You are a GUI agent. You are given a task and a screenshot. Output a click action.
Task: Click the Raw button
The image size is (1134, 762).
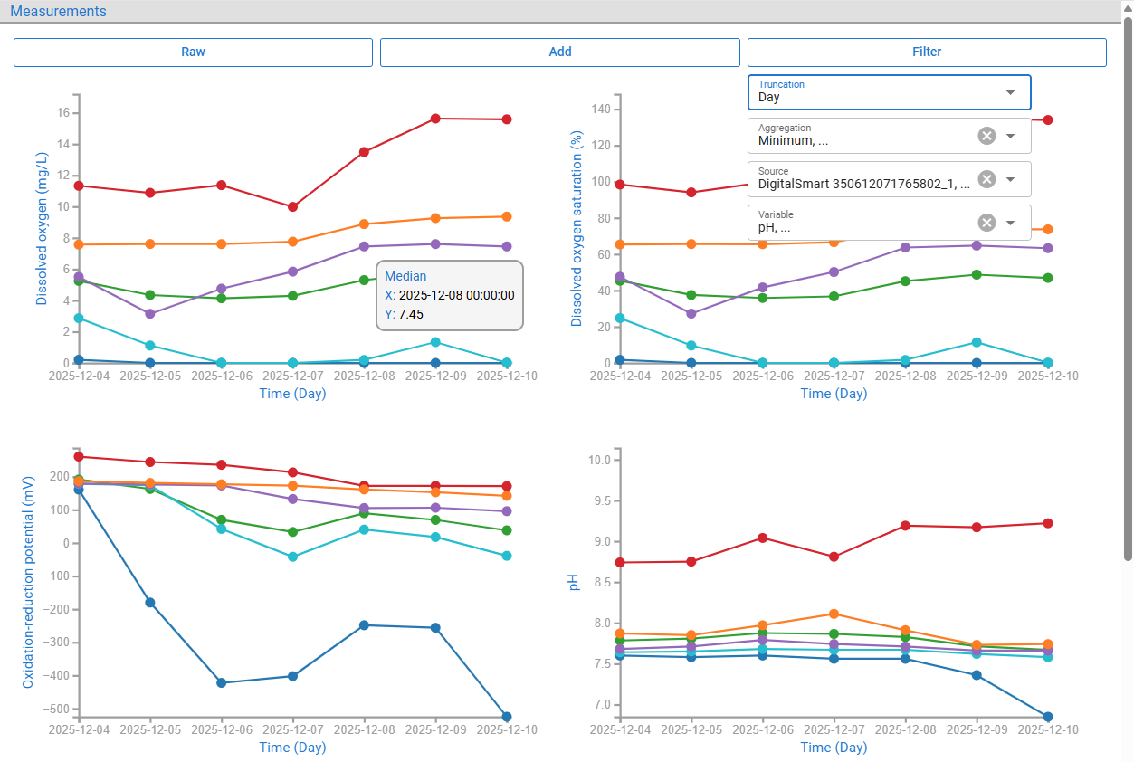[193, 52]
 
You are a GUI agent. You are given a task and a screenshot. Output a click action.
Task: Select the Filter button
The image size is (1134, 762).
[927, 52]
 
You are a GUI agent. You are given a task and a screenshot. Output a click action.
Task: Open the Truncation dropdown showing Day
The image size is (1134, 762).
[889, 92]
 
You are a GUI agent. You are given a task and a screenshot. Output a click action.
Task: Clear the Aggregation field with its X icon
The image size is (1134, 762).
[986, 136]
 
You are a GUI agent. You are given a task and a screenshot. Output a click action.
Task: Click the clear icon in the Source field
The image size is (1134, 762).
[986, 179]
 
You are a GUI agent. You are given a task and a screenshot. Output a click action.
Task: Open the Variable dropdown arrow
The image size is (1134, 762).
[1011, 223]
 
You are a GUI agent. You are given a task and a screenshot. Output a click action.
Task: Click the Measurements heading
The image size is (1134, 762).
[58, 11]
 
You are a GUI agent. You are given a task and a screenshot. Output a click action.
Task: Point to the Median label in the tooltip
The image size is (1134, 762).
[405, 276]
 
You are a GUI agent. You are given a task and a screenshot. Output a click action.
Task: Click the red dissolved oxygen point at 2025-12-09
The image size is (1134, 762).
[435, 119]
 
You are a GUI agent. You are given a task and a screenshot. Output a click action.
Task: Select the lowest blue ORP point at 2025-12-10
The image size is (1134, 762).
[507, 717]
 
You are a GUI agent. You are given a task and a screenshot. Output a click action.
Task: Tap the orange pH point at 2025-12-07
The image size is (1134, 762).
[834, 614]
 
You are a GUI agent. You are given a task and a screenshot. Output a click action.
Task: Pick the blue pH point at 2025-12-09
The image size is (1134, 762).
[977, 675]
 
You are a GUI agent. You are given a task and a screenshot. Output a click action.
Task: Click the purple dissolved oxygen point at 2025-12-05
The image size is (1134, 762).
[150, 314]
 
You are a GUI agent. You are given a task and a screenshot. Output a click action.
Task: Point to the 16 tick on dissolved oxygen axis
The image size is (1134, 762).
[63, 112]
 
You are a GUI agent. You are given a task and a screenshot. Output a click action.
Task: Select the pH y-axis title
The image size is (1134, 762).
[573, 582]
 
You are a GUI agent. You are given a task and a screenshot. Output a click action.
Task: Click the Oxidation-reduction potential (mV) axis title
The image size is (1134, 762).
[28, 582]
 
